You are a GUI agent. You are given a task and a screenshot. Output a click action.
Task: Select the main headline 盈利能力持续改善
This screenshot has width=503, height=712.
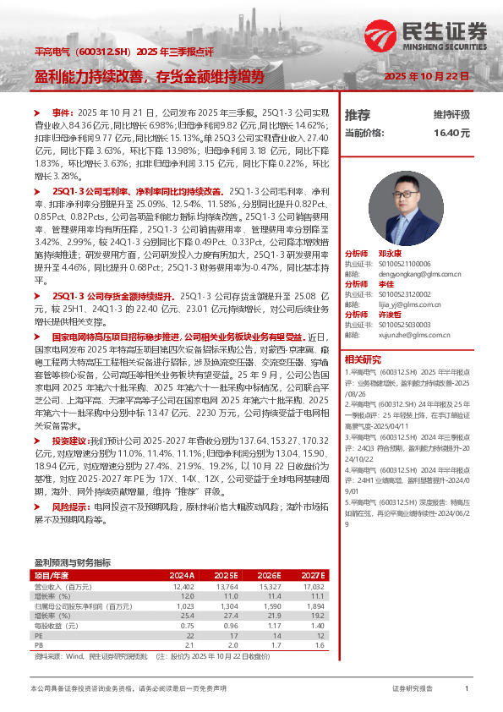[93, 76]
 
